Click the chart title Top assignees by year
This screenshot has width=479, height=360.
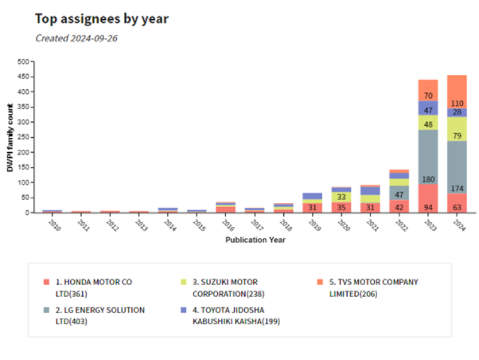click(x=102, y=19)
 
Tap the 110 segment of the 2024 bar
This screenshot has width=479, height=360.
click(x=457, y=104)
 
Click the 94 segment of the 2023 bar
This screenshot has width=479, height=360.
click(x=428, y=207)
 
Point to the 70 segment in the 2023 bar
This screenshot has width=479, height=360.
click(x=428, y=95)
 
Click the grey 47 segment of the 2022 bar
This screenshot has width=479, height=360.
click(x=399, y=195)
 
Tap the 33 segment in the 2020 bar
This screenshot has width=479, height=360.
click(x=341, y=196)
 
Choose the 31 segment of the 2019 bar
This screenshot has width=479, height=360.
click(x=313, y=207)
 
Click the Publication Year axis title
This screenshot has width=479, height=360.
click(x=255, y=240)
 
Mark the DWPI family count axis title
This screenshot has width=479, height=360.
click(x=10, y=138)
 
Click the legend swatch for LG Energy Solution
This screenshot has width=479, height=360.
click(x=46, y=310)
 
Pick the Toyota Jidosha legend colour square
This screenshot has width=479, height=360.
click(x=183, y=310)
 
